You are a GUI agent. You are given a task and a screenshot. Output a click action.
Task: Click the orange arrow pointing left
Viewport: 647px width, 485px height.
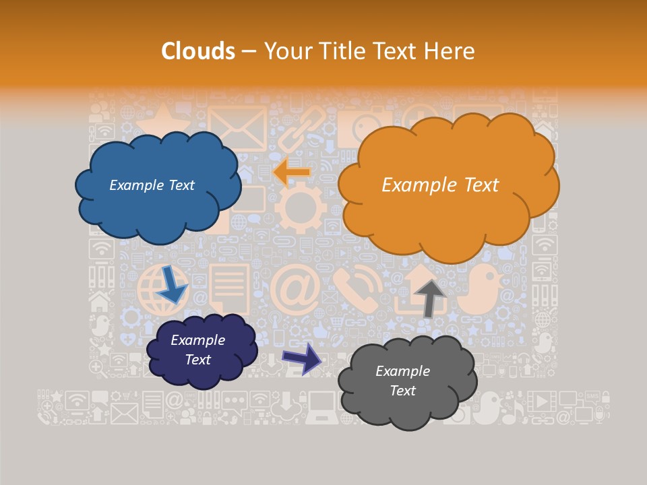[x=292, y=172]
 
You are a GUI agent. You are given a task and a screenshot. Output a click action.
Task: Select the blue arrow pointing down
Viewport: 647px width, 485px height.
[x=172, y=284]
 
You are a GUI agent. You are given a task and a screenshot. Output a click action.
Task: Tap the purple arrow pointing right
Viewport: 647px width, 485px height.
[x=302, y=358]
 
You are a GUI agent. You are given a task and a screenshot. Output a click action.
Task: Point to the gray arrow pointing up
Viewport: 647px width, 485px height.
[x=429, y=297]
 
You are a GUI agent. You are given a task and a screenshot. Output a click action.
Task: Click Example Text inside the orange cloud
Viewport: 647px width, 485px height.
[x=440, y=185]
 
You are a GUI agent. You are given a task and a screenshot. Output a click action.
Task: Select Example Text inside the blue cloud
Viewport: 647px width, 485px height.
[x=152, y=185]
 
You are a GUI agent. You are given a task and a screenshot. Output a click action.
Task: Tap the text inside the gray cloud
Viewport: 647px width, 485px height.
[x=402, y=381]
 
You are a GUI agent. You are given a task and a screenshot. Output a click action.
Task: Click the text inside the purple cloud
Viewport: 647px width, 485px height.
[x=197, y=350]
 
